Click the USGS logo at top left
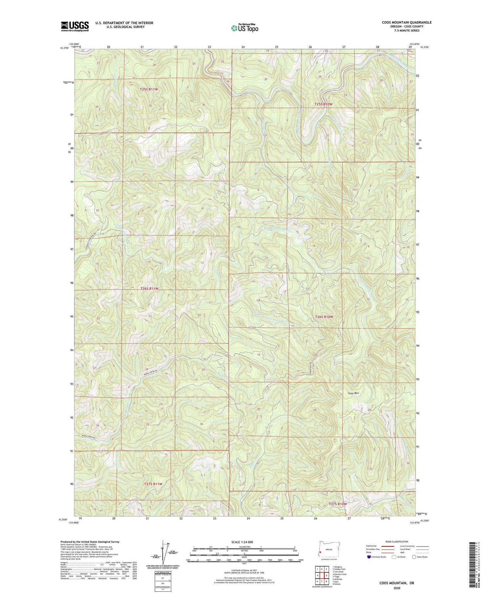(75, 26)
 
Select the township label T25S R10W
(323, 104)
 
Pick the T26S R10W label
(324, 317)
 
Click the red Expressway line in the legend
(388, 546)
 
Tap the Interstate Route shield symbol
(369, 557)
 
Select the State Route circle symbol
(414, 557)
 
